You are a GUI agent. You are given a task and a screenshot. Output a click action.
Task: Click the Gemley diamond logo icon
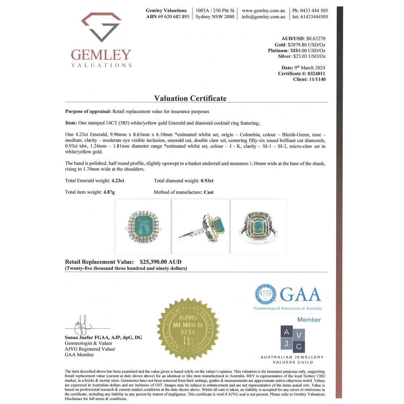101,27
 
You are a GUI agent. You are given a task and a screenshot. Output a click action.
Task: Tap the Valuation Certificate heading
190,98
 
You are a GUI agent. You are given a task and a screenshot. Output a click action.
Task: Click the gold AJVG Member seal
188,328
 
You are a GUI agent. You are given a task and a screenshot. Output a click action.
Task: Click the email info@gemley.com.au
263,17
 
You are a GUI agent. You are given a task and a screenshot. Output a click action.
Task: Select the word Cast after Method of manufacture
208,192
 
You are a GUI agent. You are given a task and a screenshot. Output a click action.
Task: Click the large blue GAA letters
300,294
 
